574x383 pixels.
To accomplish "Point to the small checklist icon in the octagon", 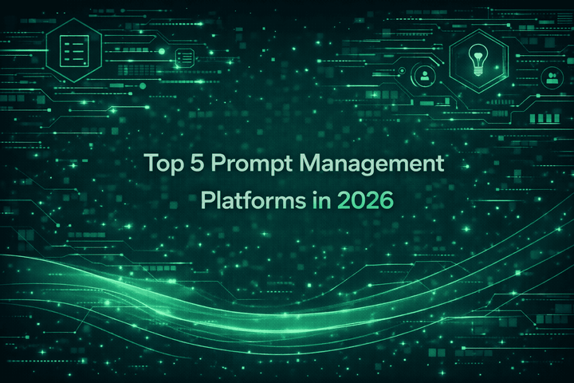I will (185, 57).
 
